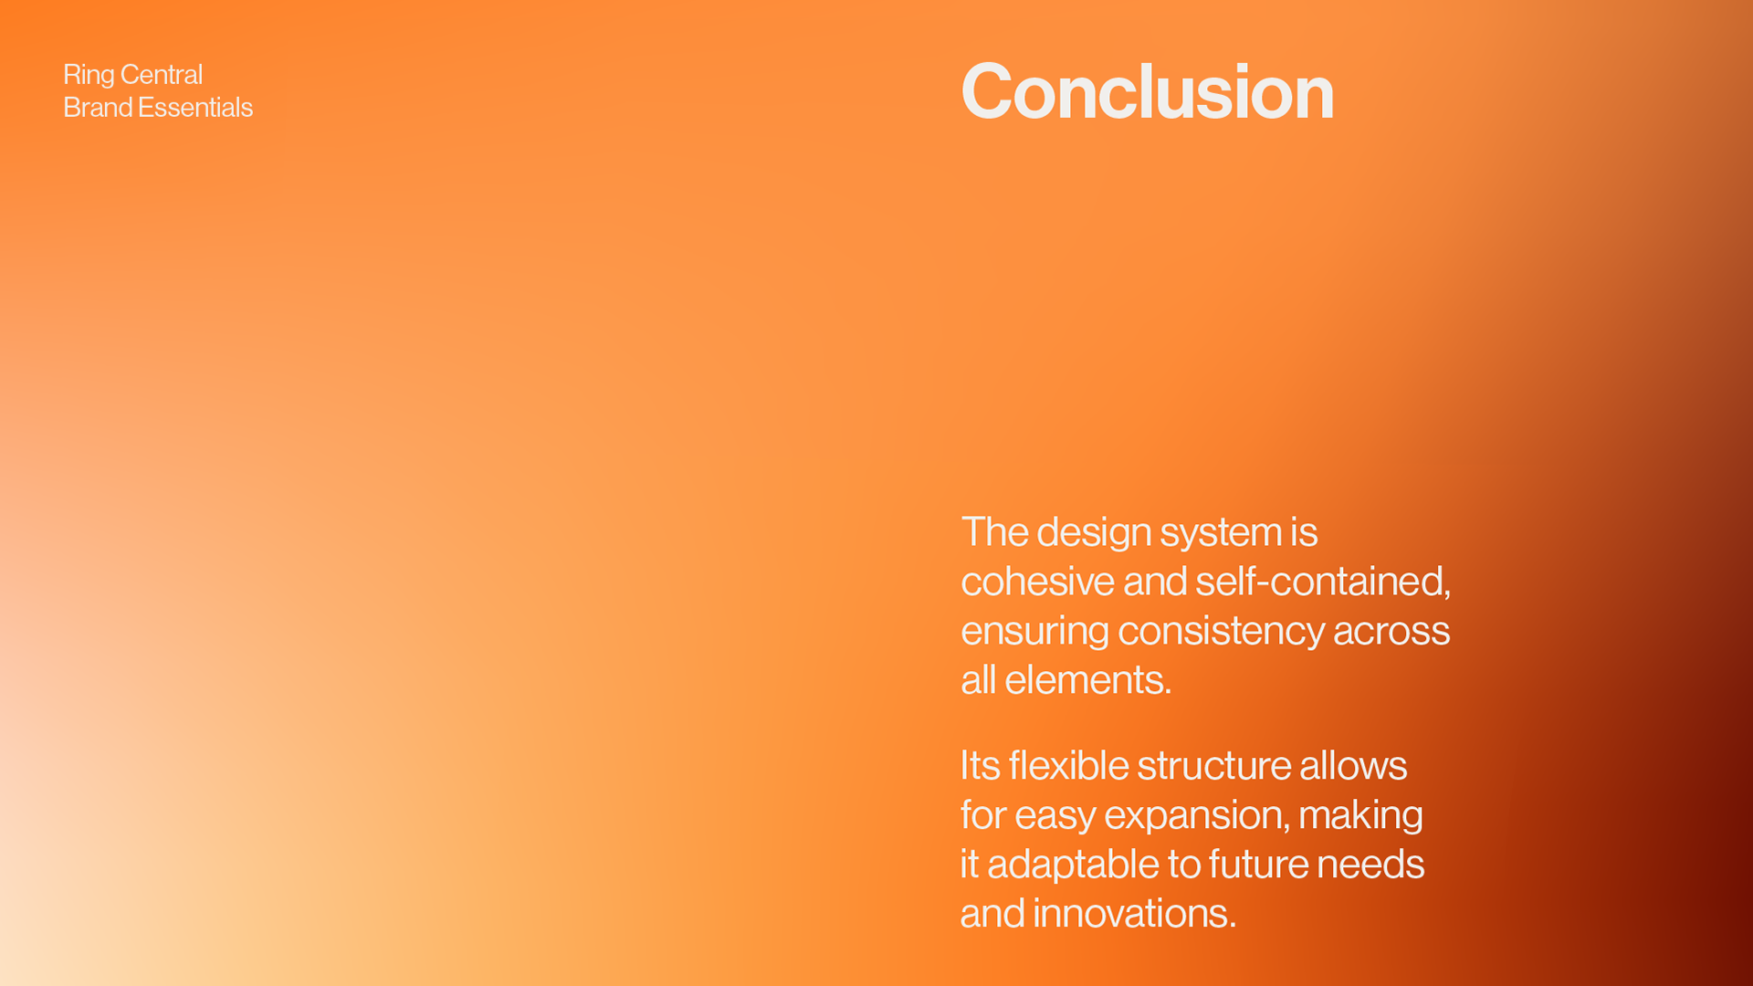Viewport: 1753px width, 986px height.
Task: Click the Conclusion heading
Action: tap(1148, 91)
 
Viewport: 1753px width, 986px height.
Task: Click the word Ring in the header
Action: tap(89, 75)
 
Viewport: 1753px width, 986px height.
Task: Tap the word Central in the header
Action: tap(162, 74)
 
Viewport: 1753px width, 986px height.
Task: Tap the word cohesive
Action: tap(1037, 582)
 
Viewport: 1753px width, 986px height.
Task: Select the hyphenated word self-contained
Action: tap(1323, 582)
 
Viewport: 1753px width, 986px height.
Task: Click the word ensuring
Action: tap(1035, 632)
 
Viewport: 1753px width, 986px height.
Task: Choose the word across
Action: tap(1391, 632)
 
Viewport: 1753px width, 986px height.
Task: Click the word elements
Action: tap(1088, 680)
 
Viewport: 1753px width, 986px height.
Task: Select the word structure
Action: tap(1214, 766)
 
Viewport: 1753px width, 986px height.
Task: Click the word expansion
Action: tap(1197, 815)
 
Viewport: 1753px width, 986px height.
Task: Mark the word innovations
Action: tap(1135, 914)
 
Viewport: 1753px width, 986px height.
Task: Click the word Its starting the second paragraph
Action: tap(981, 766)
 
